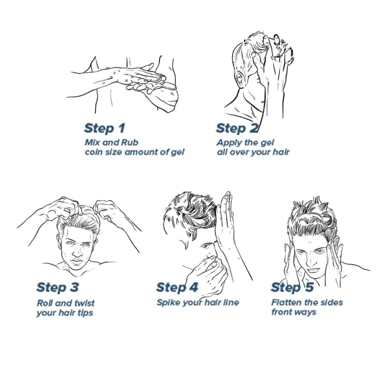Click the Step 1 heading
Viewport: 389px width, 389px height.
coord(104,128)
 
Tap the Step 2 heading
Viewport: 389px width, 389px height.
coord(236,128)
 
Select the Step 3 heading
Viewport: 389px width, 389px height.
coord(57,287)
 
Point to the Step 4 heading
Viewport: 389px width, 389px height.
coord(177,287)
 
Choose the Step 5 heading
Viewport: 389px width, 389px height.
coord(292,287)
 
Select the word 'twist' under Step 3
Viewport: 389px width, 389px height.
coord(84,303)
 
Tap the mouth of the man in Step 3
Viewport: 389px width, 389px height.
coord(77,261)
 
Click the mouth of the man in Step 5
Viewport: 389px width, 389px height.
coord(313,270)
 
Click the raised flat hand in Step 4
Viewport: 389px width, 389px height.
coord(226,220)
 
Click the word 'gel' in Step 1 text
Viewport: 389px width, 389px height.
coord(177,152)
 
